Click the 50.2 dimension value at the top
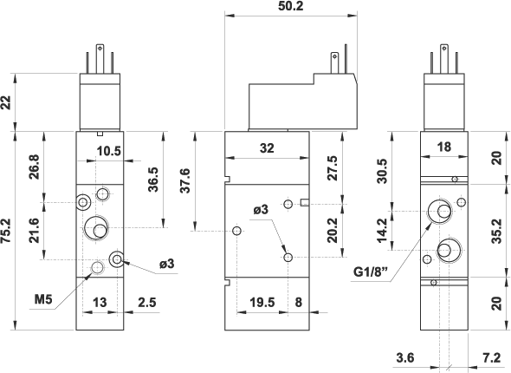coord(291,6)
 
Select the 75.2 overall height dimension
coord(6,231)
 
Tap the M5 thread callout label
coord(43,299)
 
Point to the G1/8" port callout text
coord(371,272)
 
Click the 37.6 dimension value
coord(185,180)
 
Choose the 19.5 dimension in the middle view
coord(262,303)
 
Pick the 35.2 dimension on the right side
coord(496,231)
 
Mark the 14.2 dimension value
coord(382,231)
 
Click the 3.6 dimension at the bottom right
coord(405,357)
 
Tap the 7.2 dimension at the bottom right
coord(491,357)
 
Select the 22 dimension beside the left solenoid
coord(6,102)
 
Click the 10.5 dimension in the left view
coord(109,151)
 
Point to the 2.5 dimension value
coord(147,303)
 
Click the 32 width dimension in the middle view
coord(268,148)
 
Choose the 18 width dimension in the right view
coord(443,147)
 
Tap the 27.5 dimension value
coord(333,167)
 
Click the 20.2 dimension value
coord(333,231)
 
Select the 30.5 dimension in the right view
coord(382,171)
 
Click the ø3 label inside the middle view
coord(261,210)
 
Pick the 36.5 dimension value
coord(152,180)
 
